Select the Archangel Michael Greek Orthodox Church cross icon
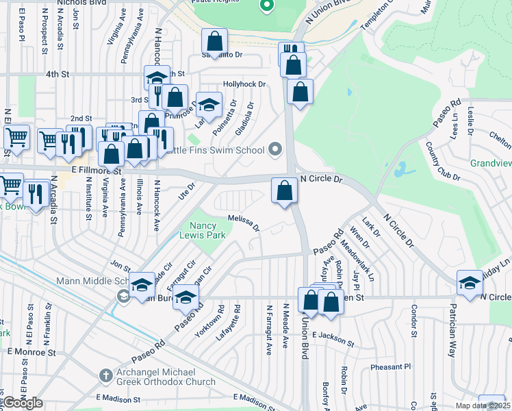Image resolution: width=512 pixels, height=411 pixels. pos(105,375)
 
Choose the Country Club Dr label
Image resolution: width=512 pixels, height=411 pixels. pos(442,162)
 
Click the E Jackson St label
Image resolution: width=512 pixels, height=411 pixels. pos(333,339)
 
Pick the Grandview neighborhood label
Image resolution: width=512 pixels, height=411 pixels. pos(490,164)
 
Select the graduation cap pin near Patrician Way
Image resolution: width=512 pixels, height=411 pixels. pos(470,282)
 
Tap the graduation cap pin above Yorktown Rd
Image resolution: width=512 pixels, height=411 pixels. pos(185,297)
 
